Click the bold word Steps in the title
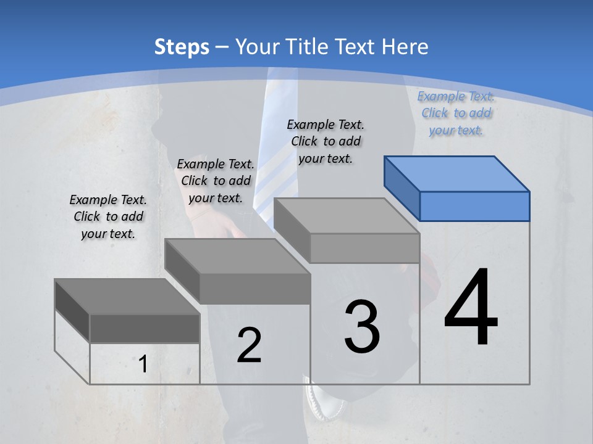182,47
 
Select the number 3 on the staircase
362,326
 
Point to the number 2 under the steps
249,345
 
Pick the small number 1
143,364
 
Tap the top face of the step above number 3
346,215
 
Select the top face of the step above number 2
237,256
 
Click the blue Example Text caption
456,113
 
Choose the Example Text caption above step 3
326,141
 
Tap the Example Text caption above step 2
216,181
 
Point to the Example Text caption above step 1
108,216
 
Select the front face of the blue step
474,206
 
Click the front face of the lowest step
145,328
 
